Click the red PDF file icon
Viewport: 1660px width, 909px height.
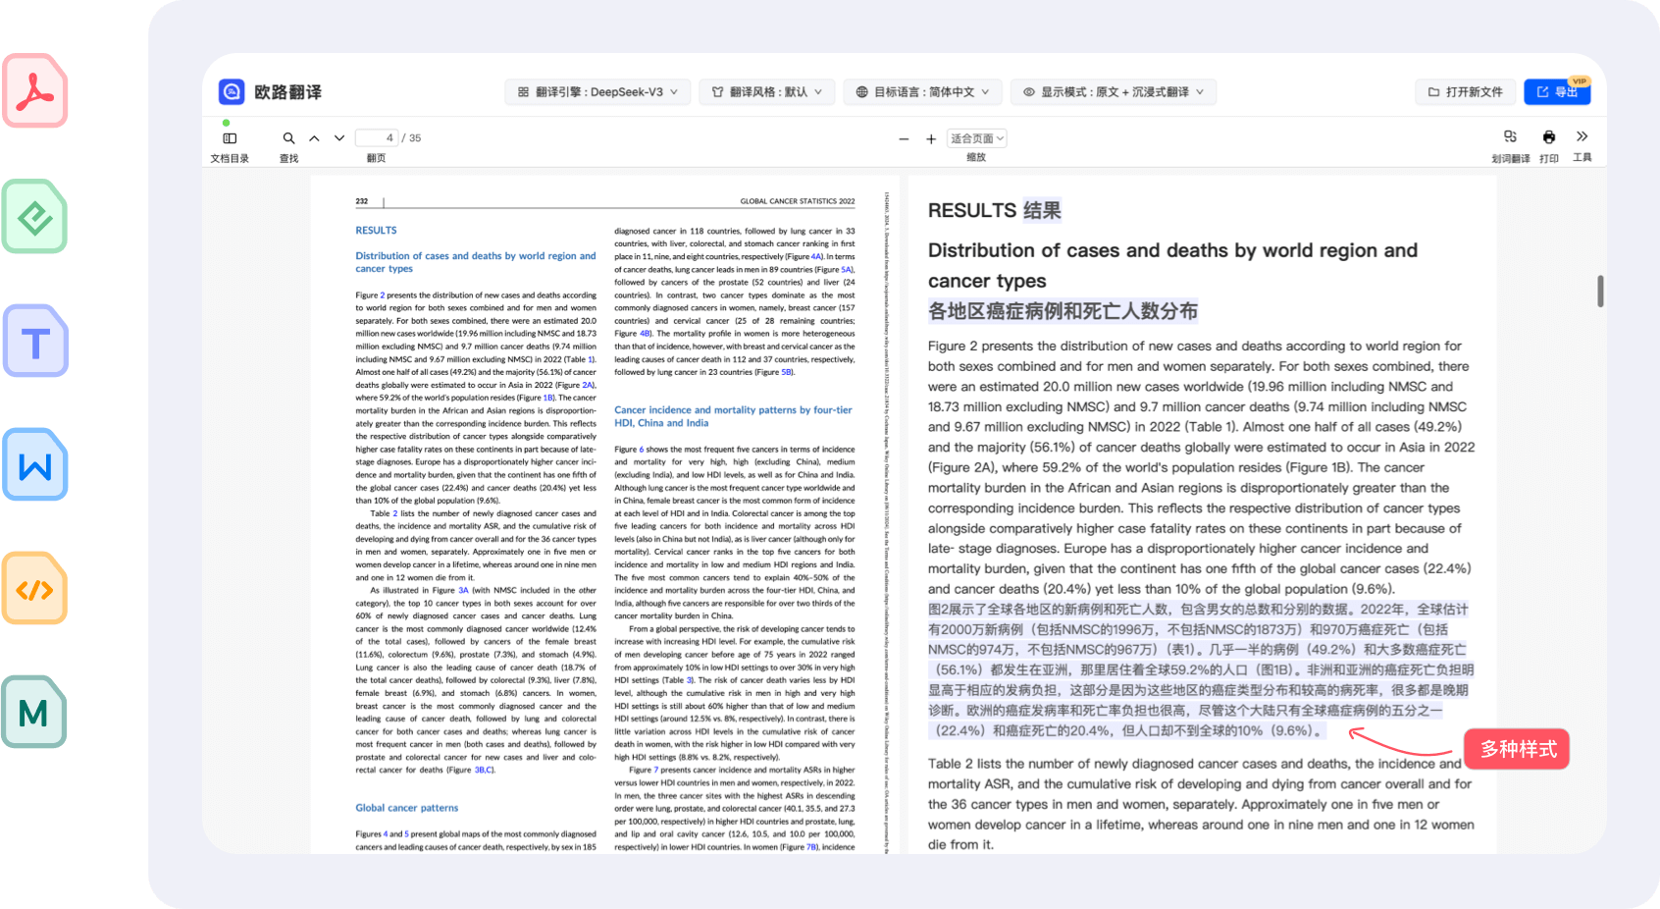point(35,91)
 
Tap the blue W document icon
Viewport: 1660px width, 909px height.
point(35,465)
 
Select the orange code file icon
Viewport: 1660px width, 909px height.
point(35,589)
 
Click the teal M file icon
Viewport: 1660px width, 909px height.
point(35,713)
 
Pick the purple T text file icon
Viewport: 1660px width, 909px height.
point(35,342)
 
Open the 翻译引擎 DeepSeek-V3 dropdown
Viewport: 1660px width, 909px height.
point(597,92)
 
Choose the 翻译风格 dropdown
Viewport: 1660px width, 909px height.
point(767,92)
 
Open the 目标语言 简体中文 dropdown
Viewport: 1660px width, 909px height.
point(922,92)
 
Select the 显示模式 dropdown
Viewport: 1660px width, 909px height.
point(1114,92)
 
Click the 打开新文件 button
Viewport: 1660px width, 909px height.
point(1465,92)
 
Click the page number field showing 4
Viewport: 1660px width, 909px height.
point(378,138)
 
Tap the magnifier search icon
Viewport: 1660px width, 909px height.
point(288,138)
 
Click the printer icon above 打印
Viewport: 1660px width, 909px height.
point(1549,137)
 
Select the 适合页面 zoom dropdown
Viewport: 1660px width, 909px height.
point(977,138)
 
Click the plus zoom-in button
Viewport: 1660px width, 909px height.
point(931,139)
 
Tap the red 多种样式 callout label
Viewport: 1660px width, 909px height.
point(1518,750)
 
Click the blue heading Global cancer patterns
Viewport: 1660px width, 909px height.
point(406,808)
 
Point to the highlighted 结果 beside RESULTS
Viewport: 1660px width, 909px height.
point(1042,210)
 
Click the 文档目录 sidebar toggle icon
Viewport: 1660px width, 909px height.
point(230,138)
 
